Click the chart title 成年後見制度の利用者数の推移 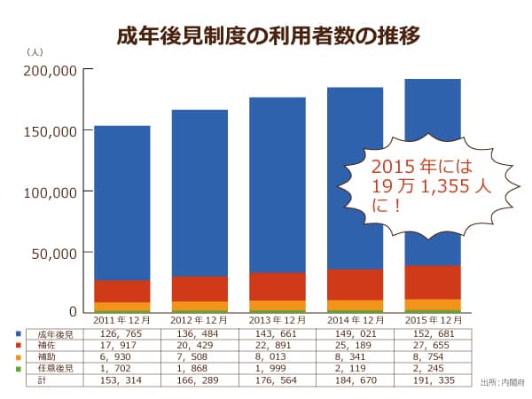point(267,36)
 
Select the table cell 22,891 point(277,346)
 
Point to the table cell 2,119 point(354,367)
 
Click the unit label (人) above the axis point(35,55)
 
